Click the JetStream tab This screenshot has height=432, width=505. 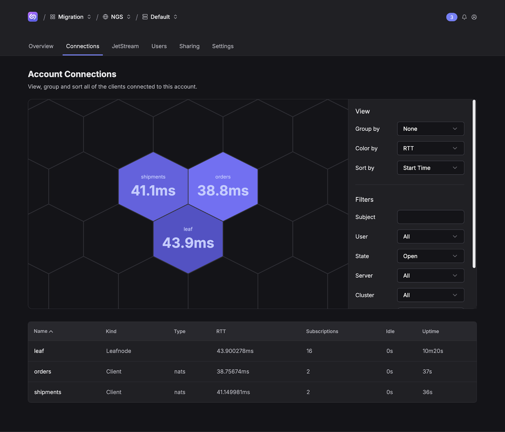[x=125, y=46]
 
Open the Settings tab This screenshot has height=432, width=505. [x=223, y=46]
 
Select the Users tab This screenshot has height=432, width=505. [x=159, y=46]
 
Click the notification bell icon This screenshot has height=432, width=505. [x=464, y=17]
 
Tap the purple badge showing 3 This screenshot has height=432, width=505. [x=452, y=17]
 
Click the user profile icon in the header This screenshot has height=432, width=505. [x=474, y=17]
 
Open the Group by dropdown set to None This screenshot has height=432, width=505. [x=431, y=129]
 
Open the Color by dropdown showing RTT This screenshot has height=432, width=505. [x=431, y=148]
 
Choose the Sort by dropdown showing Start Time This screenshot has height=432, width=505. [x=431, y=168]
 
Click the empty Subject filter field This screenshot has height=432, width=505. [x=431, y=217]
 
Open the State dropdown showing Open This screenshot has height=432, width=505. [x=431, y=256]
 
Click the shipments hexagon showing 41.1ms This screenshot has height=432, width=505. [x=153, y=186]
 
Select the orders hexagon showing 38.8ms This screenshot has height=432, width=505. [x=223, y=186]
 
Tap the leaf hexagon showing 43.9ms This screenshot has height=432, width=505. [x=188, y=239]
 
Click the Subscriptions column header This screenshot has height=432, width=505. [x=322, y=331]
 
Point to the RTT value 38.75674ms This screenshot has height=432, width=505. [x=233, y=371]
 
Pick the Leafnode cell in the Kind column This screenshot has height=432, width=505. [x=119, y=351]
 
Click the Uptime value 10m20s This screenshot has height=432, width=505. [x=433, y=351]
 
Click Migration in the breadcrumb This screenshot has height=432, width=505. [x=71, y=17]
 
